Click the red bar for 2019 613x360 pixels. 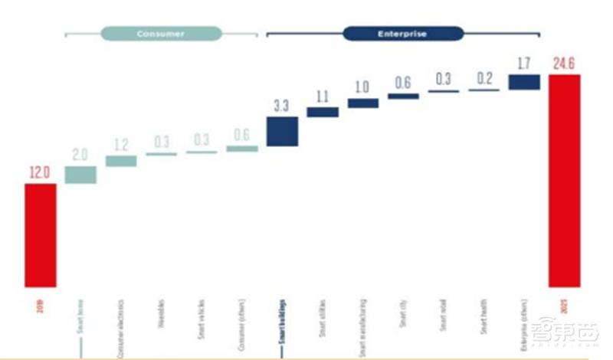[x=40, y=234]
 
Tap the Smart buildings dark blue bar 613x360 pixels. [x=282, y=131]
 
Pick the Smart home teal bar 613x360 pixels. [x=80, y=175]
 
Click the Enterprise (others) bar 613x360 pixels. [x=524, y=82]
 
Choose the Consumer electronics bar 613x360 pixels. [x=121, y=161]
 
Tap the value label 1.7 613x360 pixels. [x=524, y=62]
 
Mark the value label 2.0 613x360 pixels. [x=80, y=153]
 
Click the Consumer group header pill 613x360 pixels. [x=161, y=34]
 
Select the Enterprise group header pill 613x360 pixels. [x=402, y=34]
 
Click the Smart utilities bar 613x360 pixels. [x=323, y=112]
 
